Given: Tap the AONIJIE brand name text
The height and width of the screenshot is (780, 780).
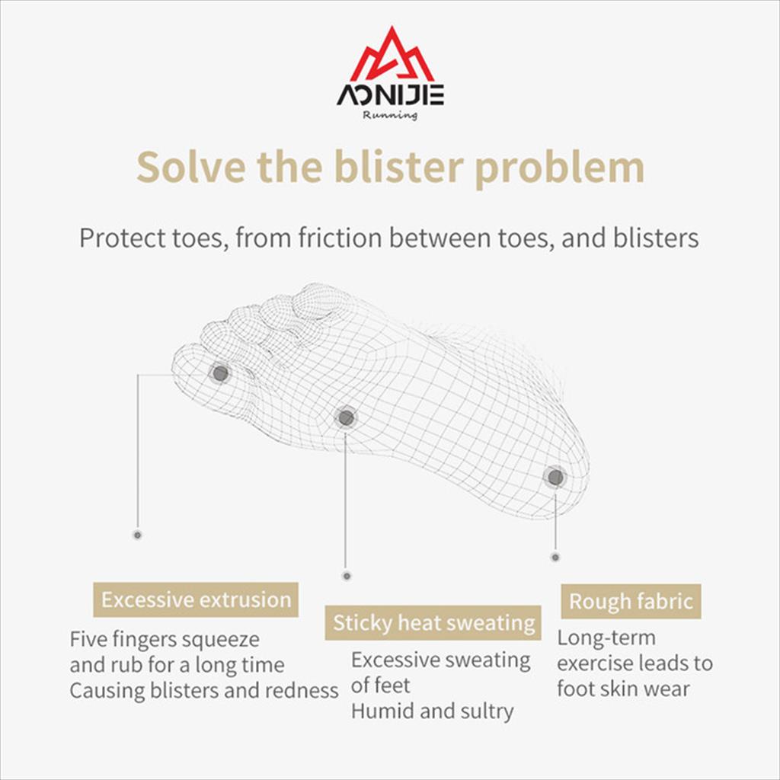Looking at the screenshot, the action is click(391, 95).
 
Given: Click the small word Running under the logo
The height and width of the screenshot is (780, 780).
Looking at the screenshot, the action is click(390, 116).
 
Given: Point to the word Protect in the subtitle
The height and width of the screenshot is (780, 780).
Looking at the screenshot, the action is click(123, 238).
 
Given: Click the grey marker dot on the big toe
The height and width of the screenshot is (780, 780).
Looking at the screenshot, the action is click(220, 373).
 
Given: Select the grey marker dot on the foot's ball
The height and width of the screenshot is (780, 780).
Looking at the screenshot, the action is click(347, 417).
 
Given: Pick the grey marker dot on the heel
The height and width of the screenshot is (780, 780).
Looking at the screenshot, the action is click(555, 478).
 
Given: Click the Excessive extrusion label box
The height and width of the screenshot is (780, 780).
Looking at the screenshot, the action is click(196, 599).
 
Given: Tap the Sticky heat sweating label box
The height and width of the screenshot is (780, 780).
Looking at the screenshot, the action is click(433, 622).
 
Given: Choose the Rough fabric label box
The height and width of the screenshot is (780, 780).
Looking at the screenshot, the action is click(631, 602).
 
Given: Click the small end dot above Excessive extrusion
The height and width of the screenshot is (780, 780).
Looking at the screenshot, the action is click(138, 535).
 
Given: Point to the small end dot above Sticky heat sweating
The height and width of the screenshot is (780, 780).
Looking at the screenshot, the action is click(347, 576).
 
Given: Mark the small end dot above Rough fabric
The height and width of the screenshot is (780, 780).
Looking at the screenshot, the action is click(555, 557).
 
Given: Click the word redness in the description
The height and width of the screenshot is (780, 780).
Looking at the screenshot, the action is click(302, 690).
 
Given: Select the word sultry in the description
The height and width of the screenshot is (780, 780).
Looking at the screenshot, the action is click(487, 711).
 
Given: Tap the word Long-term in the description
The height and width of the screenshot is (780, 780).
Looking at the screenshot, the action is click(606, 638).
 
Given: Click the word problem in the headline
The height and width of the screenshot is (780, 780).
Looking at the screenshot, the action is click(560, 168).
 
